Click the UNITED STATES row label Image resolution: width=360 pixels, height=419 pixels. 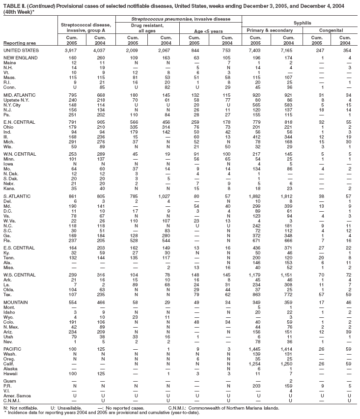pos(21,51)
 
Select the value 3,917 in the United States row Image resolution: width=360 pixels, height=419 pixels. pos(71,51)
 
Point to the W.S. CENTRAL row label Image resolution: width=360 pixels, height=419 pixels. pos(20,285)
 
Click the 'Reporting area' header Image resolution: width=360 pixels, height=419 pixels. pos(19,44)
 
